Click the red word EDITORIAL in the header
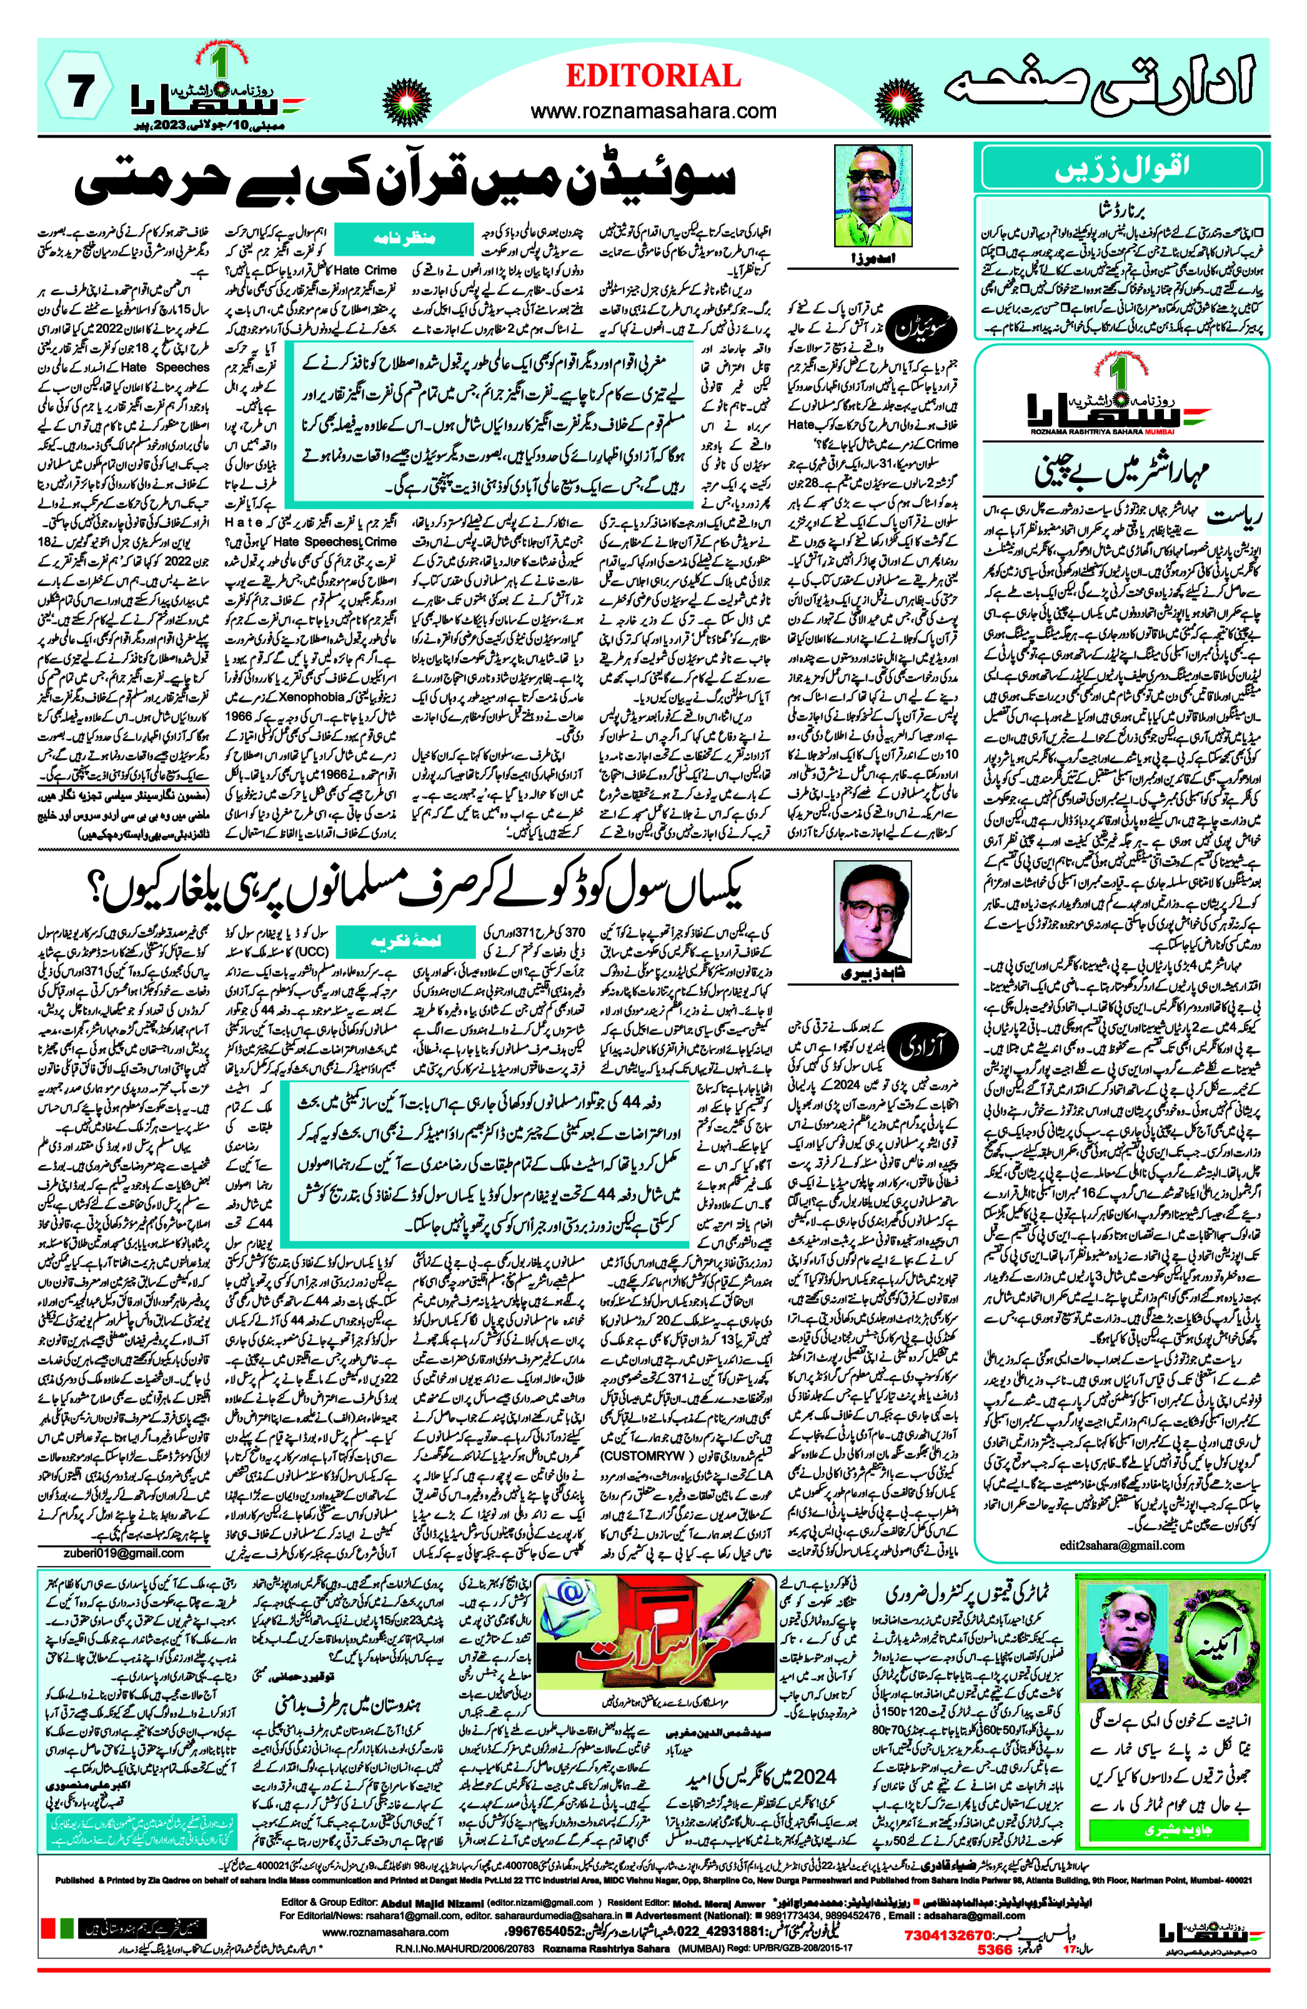click(653, 76)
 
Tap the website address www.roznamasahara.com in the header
click(653, 111)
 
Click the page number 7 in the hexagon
click(79, 91)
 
